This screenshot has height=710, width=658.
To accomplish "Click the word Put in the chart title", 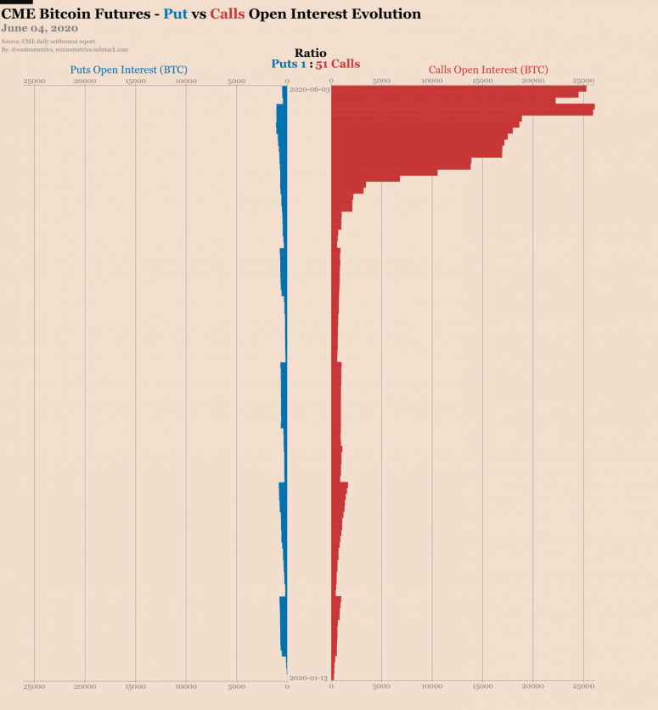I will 174,14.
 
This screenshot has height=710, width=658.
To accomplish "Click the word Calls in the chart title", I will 228,14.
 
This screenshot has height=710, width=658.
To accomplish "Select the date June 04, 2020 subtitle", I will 40,29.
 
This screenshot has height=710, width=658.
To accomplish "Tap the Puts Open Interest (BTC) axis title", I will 129,69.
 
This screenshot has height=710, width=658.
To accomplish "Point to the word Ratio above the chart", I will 310,53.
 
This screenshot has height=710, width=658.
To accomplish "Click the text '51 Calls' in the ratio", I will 338,64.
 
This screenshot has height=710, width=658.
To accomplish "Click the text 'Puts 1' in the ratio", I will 288,64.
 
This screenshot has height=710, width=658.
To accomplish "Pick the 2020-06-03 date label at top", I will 308,89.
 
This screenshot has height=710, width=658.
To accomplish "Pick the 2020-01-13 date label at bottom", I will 308,678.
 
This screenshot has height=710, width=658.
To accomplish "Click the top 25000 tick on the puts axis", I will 35,82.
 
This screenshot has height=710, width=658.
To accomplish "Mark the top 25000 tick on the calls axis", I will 583,82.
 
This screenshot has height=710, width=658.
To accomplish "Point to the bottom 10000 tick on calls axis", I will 432,686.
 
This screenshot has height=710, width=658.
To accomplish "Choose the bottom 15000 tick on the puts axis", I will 135,686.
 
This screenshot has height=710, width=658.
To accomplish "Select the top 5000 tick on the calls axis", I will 381,82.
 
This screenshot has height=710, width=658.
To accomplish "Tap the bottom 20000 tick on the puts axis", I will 85,686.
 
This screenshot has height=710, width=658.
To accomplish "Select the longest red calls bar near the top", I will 463,107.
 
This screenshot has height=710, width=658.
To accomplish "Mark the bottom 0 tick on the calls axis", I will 331,686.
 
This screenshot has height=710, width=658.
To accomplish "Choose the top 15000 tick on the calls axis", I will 482,82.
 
